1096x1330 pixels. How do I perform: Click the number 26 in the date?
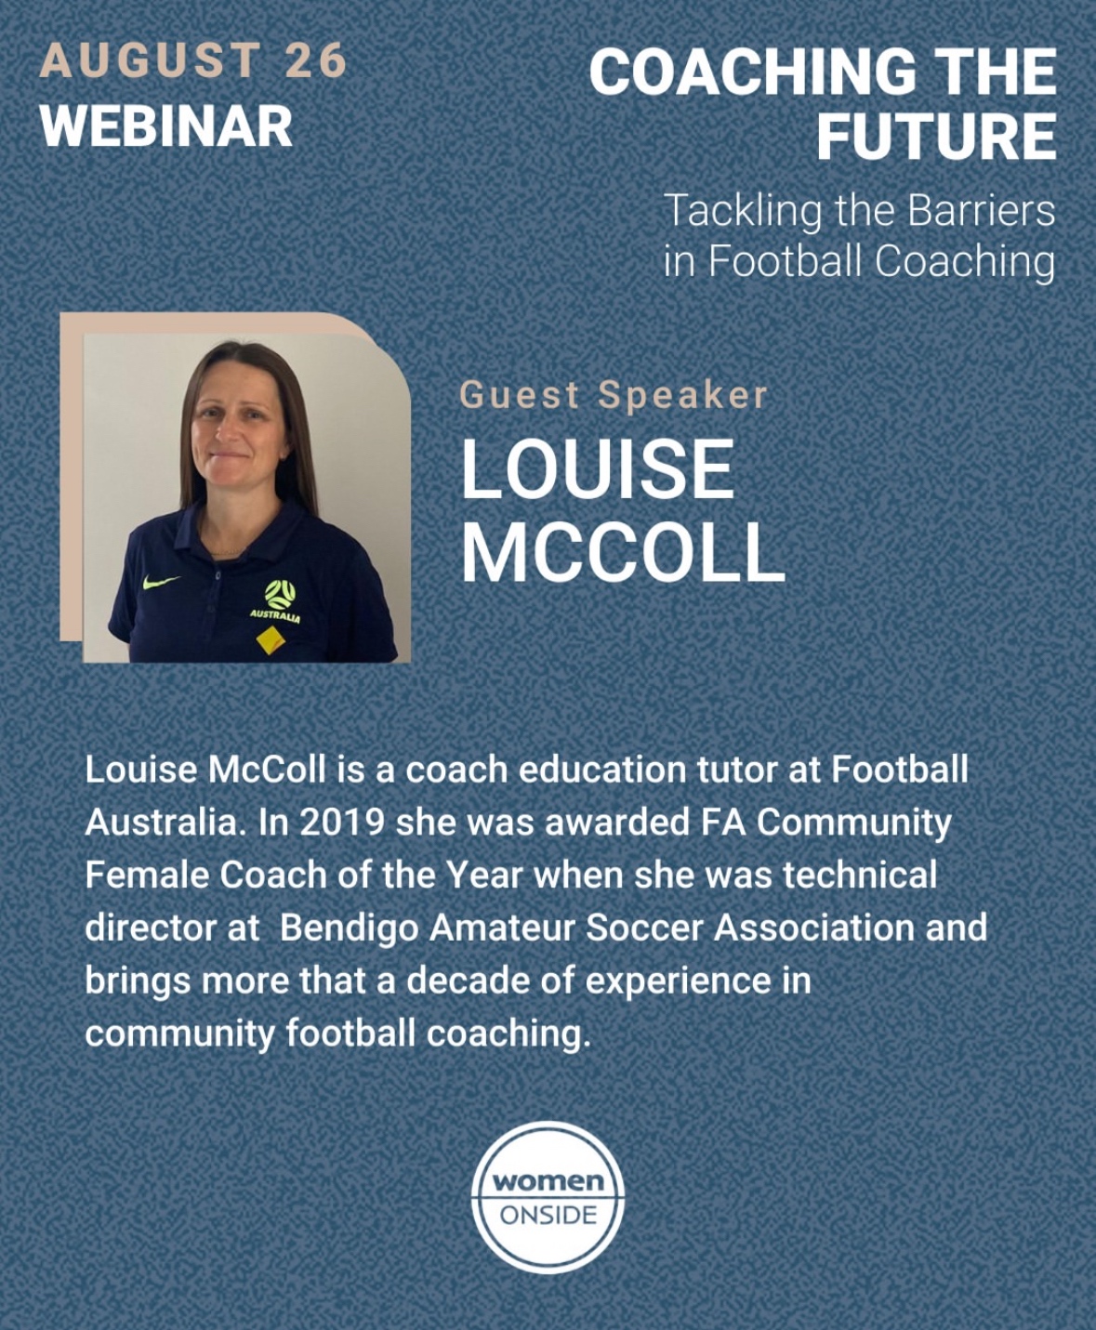click(315, 61)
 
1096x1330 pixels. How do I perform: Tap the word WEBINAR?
click(166, 126)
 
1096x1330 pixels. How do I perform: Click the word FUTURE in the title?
click(937, 136)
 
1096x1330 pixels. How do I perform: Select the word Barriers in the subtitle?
click(982, 211)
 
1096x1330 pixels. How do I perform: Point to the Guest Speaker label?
click(613, 396)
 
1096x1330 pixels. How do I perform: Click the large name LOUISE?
click(598, 470)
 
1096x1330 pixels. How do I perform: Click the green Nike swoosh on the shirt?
click(160, 581)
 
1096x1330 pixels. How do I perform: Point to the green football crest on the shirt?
click(280, 594)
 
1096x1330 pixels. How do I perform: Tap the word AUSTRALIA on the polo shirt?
click(275, 617)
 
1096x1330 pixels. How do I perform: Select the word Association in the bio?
click(814, 928)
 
